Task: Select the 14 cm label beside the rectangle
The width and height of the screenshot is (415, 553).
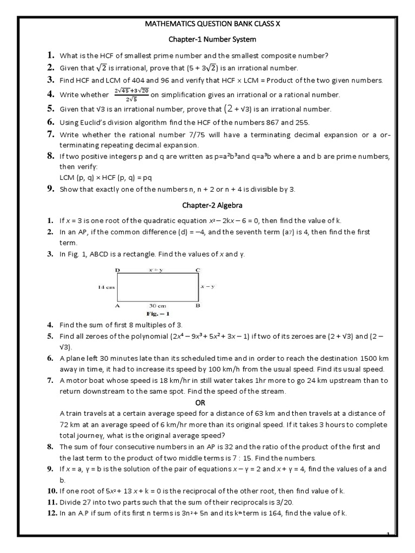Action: (x=106, y=287)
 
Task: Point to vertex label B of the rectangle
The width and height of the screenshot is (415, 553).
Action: (x=198, y=305)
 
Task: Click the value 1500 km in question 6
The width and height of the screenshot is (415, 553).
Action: (x=371, y=359)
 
